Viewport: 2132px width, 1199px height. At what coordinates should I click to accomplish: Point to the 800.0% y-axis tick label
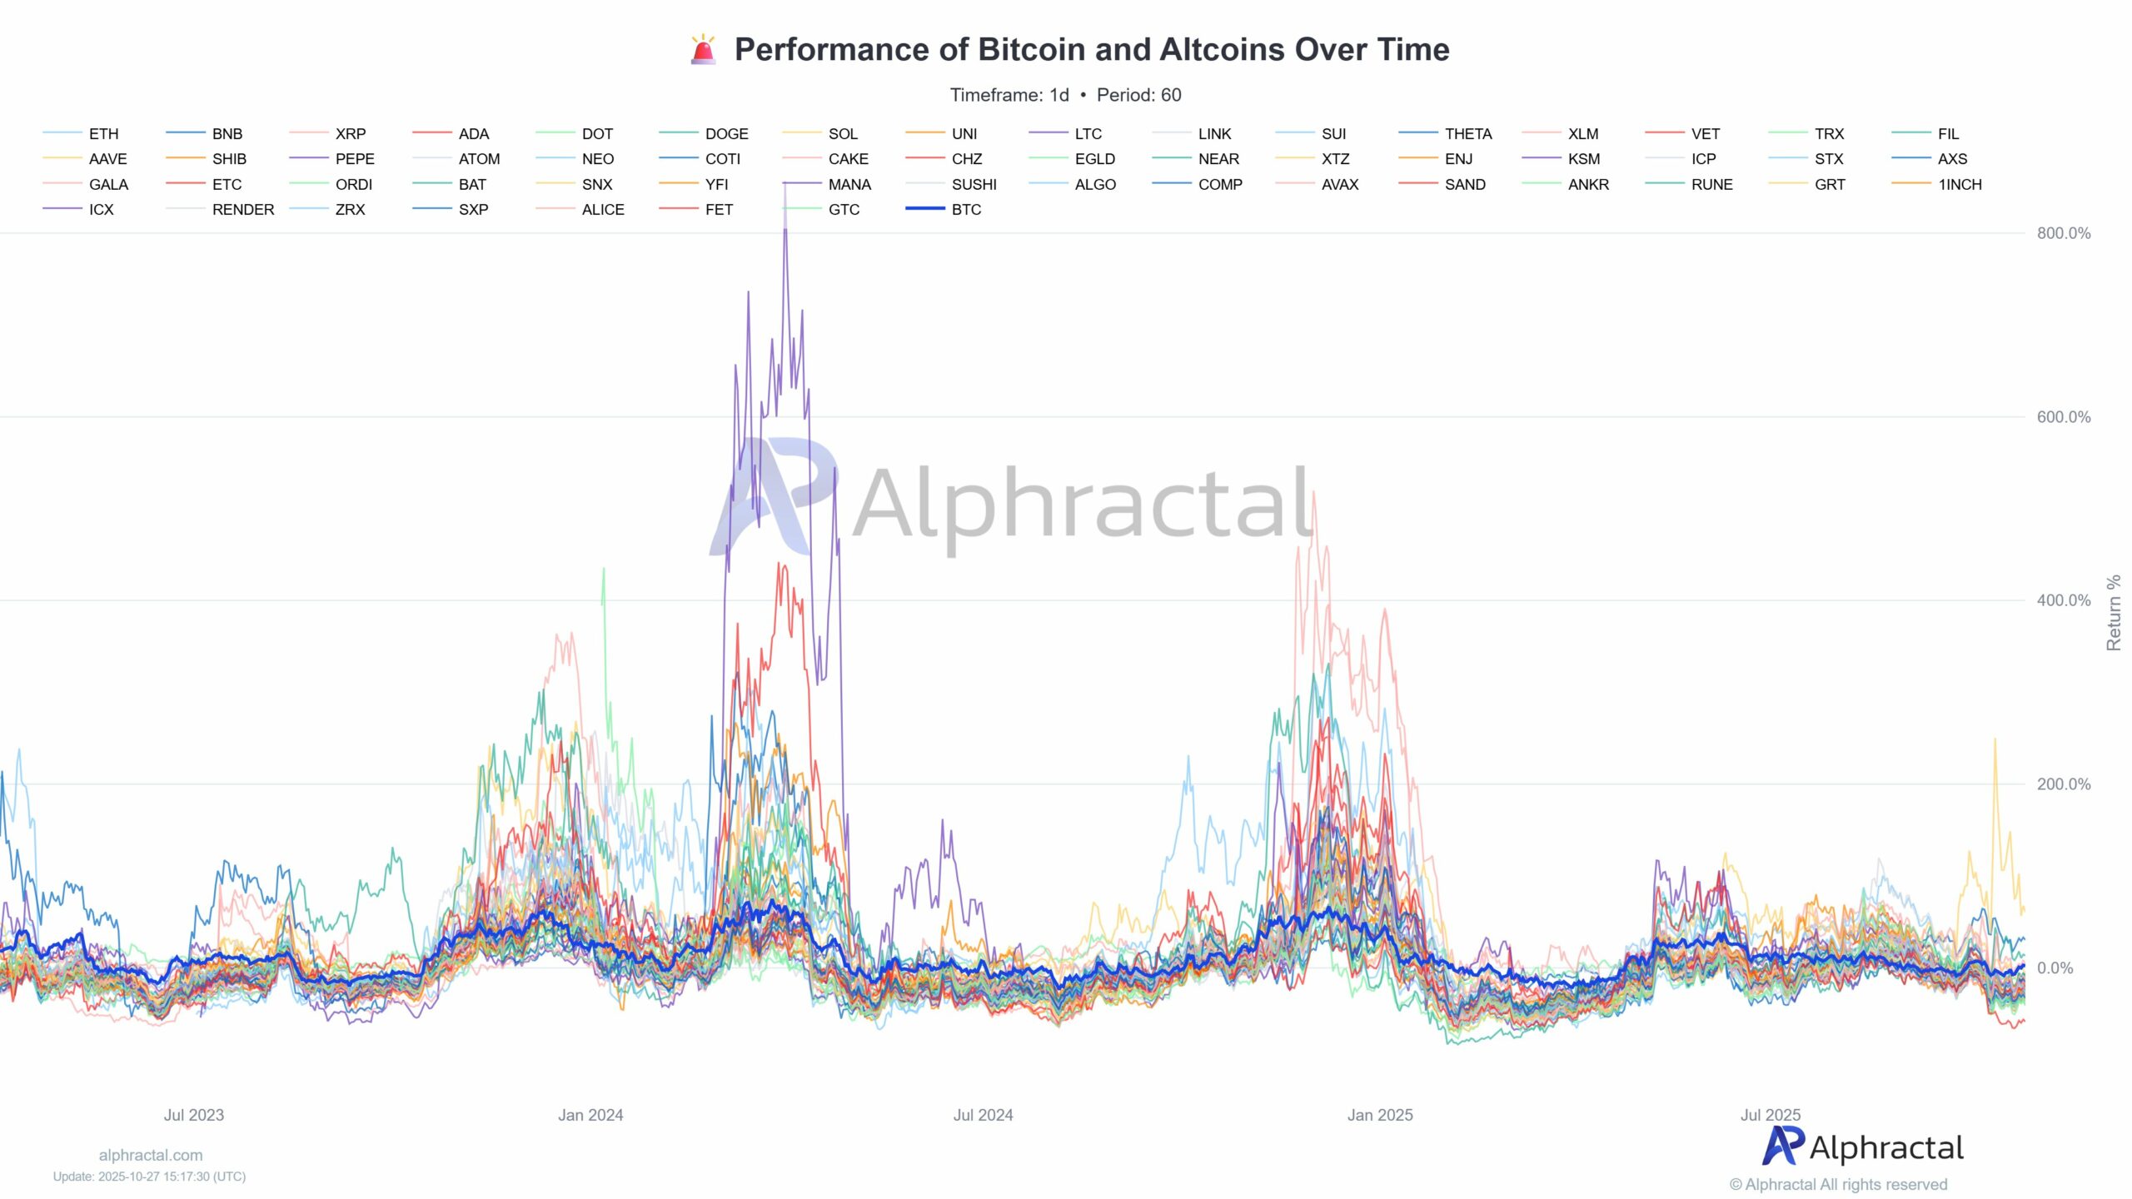coord(2063,233)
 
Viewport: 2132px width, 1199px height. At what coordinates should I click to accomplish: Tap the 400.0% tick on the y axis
coord(2063,600)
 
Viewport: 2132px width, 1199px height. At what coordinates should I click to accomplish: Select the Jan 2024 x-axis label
coord(590,1115)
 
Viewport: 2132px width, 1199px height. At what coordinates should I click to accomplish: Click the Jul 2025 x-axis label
coord(1770,1115)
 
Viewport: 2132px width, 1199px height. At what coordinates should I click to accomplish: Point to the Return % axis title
coord(2114,613)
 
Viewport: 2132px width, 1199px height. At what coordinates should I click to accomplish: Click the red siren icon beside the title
coord(703,50)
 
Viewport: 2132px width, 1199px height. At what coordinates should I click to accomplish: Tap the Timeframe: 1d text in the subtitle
coord(1009,95)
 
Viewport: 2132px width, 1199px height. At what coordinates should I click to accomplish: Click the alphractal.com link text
coord(151,1155)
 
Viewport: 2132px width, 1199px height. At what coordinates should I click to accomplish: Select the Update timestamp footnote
coord(150,1177)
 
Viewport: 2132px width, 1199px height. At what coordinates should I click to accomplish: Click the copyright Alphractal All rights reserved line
coord(1838,1184)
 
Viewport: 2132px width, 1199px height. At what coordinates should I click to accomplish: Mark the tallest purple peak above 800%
coord(785,187)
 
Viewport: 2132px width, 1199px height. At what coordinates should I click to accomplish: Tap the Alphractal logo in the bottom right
coord(1862,1147)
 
